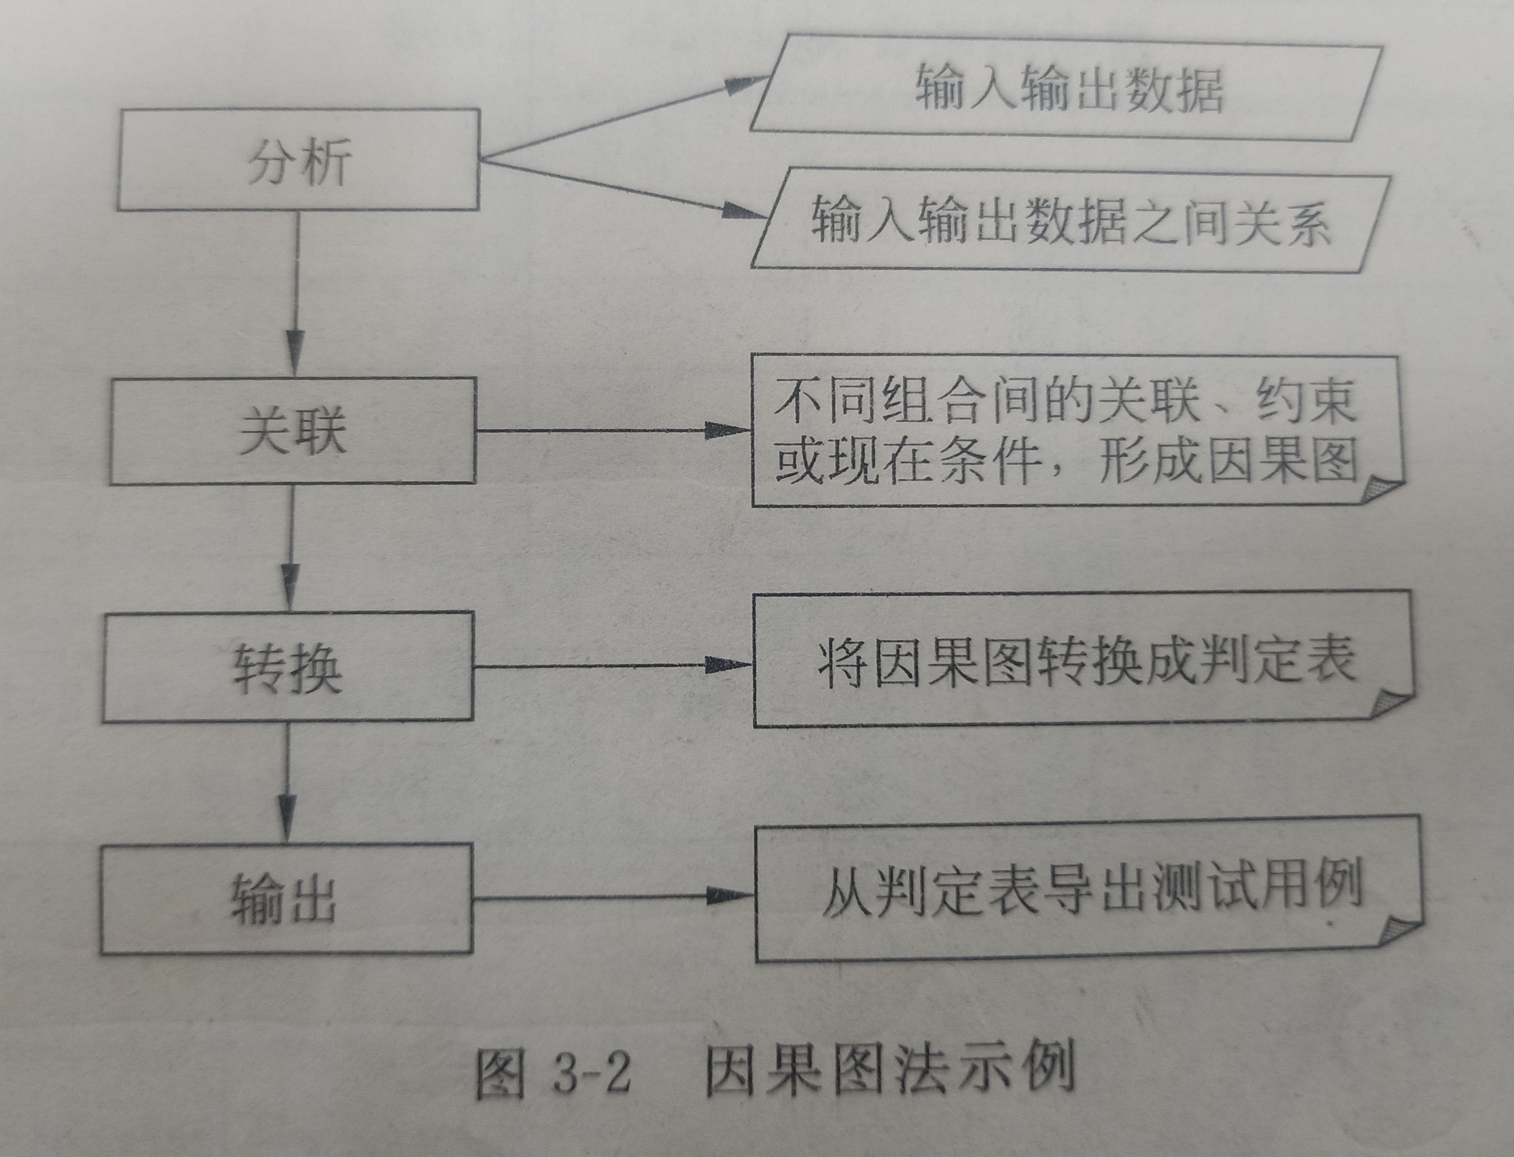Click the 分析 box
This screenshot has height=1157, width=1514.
pos(298,160)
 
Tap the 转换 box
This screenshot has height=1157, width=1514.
pos(288,667)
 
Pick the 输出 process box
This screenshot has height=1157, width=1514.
pos(286,899)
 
